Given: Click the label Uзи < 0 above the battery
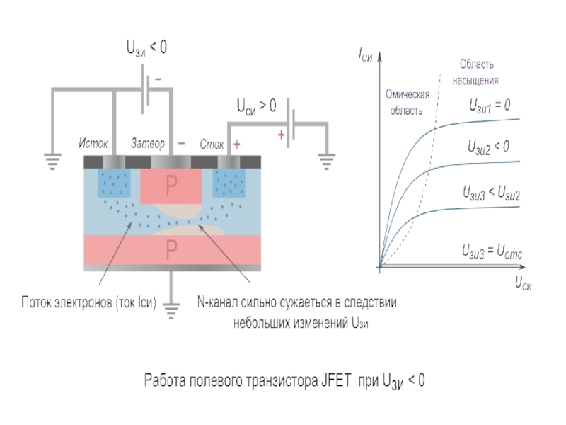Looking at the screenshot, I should coord(146,48).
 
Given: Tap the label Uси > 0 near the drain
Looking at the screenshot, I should coord(256,107).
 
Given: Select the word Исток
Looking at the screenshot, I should coord(93,144).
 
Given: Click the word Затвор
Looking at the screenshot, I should coord(148,144).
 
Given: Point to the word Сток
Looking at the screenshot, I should coord(212,144).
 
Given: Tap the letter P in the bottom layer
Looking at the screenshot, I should coord(171,249).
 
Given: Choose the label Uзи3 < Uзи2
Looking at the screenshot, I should coord(491,193).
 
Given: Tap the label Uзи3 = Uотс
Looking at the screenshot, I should coord(492,250).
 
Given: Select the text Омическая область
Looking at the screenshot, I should coord(406,102).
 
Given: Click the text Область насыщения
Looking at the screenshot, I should coord(475,72).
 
